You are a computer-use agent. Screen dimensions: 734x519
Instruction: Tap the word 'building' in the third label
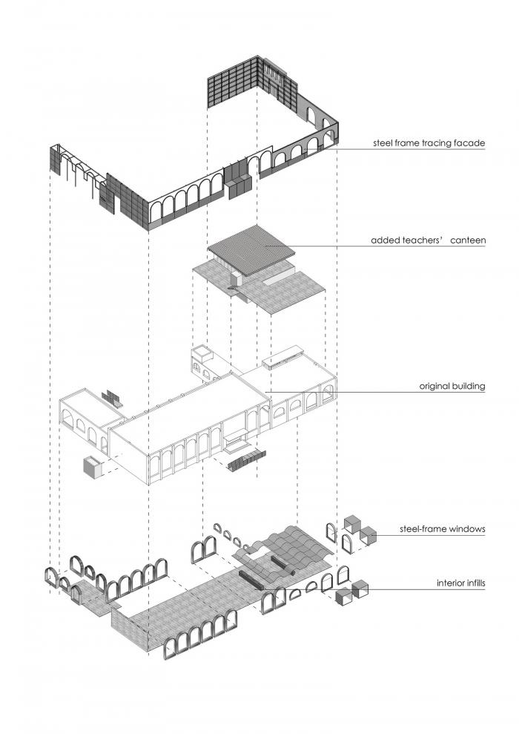point(469,386)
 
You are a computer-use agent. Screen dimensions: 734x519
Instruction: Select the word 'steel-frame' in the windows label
point(425,529)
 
